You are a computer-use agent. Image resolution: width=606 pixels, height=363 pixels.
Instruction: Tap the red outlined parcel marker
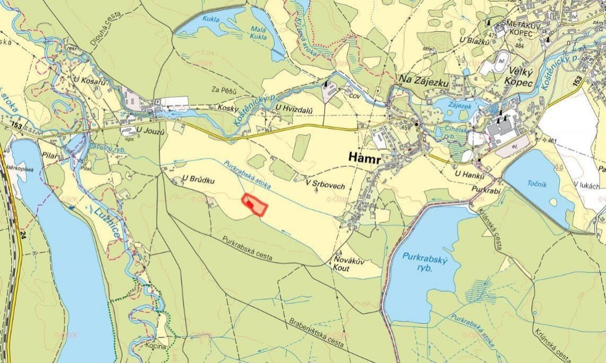click(x=254, y=204)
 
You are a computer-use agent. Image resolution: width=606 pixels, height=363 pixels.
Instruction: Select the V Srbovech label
click(x=325, y=186)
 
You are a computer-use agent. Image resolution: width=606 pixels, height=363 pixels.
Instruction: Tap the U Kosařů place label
click(x=87, y=80)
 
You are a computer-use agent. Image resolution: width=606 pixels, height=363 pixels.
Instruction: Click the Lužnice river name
click(x=113, y=223)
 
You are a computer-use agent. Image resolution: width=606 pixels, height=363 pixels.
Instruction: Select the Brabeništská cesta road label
click(x=317, y=332)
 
